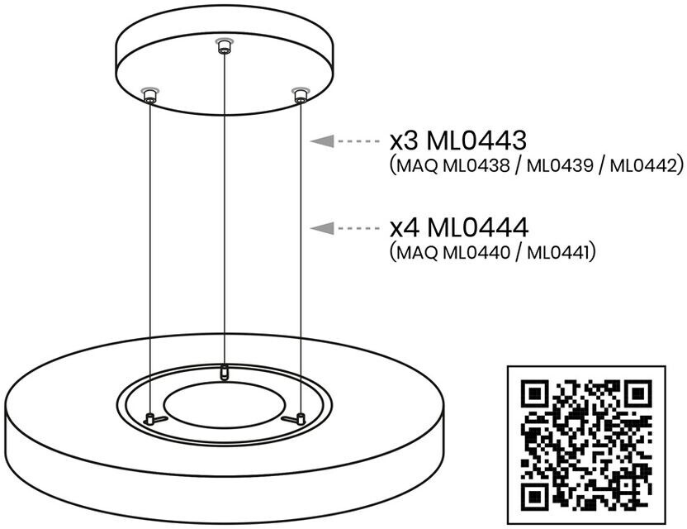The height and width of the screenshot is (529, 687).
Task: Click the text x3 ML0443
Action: [457, 141]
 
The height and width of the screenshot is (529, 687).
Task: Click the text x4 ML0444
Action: [459, 227]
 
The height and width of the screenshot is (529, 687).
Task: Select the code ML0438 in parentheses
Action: [476, 166]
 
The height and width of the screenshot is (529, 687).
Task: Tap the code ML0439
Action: [560, 166]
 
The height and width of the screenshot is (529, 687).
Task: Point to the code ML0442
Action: [643, 166]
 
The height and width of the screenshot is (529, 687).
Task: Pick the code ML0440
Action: [476, 252]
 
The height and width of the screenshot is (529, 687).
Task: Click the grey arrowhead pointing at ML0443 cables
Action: [322, 141]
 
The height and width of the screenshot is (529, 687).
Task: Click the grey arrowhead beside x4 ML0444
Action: [322, 228]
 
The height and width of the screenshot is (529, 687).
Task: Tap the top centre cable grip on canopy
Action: [225, 45]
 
